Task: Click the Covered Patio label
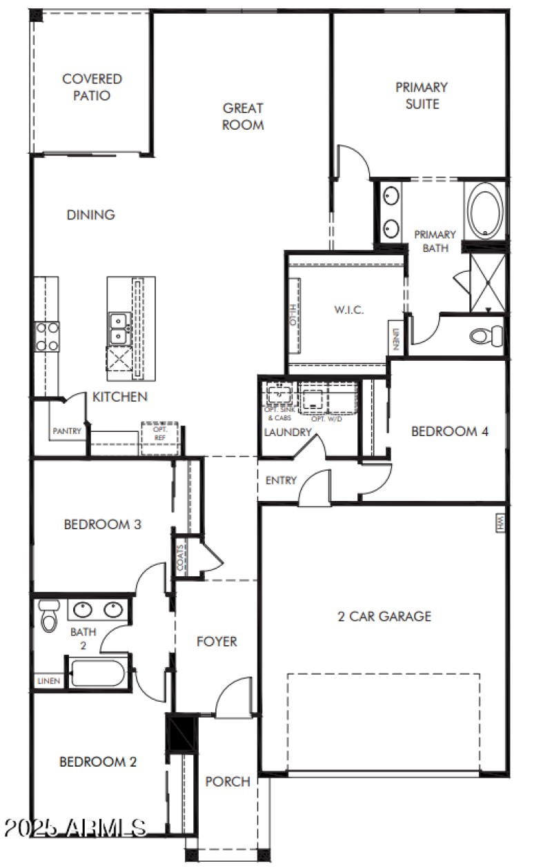92,88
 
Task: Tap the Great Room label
243,116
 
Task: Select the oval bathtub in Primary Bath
485,210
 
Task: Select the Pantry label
67,431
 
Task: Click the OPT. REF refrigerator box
159,437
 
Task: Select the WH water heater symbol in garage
500,522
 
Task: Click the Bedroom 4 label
450,432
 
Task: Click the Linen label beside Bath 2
48,681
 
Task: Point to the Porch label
228,781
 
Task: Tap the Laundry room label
288,433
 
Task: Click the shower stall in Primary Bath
488,284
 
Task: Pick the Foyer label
217,642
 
